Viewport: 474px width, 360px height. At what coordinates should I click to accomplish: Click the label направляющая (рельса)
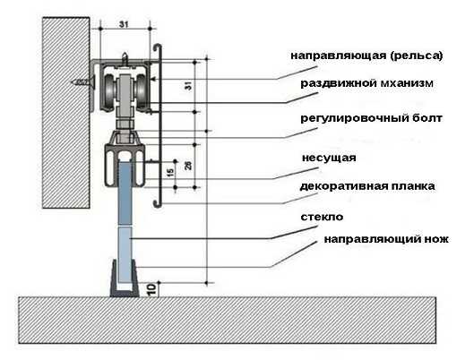(366, 56)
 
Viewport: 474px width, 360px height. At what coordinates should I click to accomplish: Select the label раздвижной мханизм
(366, 83)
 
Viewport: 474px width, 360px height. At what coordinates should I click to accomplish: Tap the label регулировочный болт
(371, 118)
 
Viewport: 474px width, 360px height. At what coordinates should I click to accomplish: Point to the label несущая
(329, 158)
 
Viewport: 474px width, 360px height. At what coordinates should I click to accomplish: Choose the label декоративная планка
(367, 186)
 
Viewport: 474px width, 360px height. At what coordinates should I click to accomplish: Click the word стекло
(322, 217)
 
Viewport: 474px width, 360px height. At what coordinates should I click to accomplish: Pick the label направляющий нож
(386, 239)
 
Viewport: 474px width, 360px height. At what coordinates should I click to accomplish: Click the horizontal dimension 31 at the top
(124, 24)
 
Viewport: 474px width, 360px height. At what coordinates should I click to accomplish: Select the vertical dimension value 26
(188, 165)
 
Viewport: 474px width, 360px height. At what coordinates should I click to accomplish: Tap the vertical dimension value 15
(170, 173)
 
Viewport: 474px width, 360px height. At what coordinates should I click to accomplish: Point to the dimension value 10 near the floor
(152, 289)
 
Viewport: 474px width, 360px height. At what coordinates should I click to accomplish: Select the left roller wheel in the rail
(109, 90)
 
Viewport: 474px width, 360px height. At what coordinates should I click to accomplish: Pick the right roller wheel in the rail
(142, 90)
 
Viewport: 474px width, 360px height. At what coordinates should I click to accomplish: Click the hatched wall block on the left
(66, 113)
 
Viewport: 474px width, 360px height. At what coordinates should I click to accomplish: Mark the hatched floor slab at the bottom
(227, 320)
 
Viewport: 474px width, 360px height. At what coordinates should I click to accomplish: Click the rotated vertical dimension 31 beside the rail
(188, 85)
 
